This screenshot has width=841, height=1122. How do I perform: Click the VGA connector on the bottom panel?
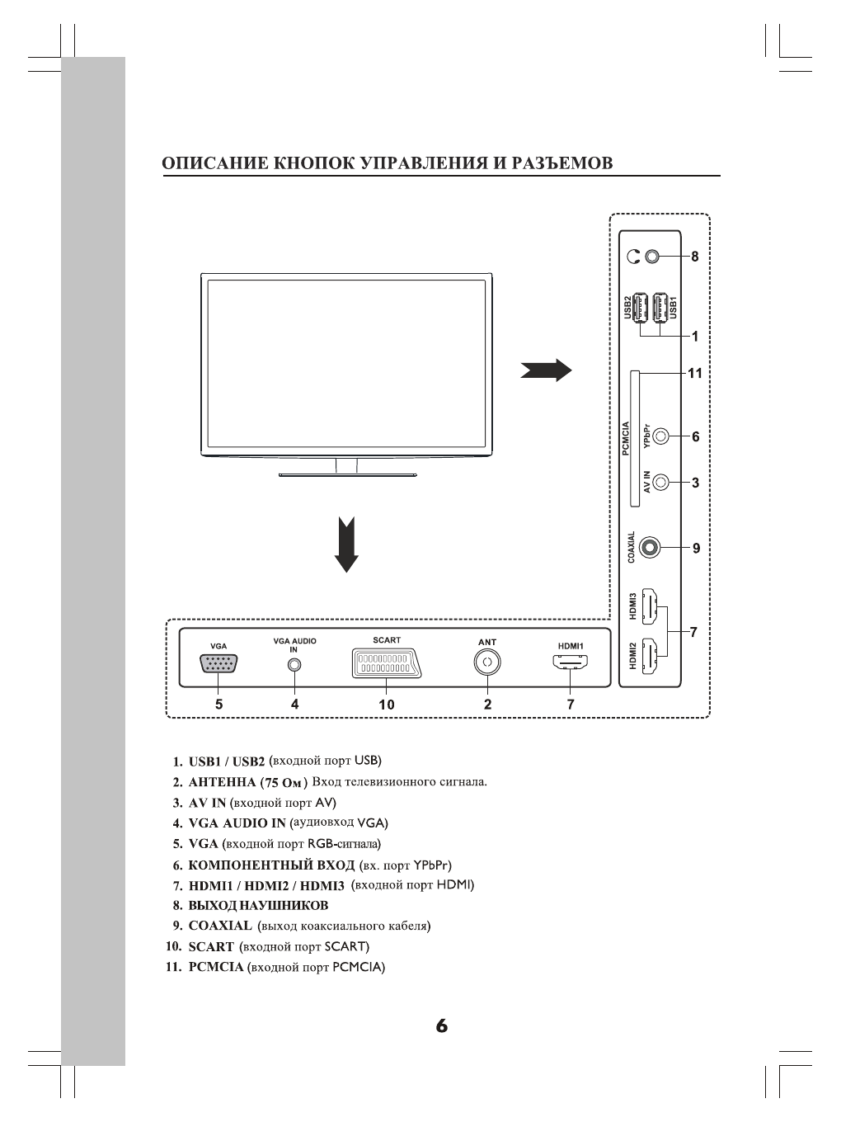pyautogui.click(x=218, y=664)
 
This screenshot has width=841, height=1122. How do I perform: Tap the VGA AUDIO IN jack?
pyautogui.click(x=294, y=665)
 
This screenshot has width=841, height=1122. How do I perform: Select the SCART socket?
pyautogui.click(x=382, y=663)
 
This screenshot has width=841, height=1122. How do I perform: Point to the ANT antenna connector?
pyautogui.click(x=487, y=662)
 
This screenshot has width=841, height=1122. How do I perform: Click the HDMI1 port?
pyautogui.click(x=571, y=662)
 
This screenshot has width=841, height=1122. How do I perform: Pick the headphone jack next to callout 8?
pyautogui.click(x=653, y=257)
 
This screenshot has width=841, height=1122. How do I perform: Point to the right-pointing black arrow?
pyautogui.click(x=546, y=370)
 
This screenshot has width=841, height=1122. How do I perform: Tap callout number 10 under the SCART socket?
pyautogui.click(x=387, y=705)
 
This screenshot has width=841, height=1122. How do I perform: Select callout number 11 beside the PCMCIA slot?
pyautogui.click(x=695, y=373)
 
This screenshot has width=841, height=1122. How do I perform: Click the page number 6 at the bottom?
pyautogui.click(x=442, y=1026)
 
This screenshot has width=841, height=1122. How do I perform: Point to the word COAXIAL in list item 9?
pyautogui.click(x=220, y=926)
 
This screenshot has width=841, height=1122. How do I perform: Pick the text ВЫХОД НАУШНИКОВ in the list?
pyautogui.click(x=258, y=905)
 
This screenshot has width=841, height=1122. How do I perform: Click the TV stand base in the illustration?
pyautogui.click(x=347, y=474)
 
